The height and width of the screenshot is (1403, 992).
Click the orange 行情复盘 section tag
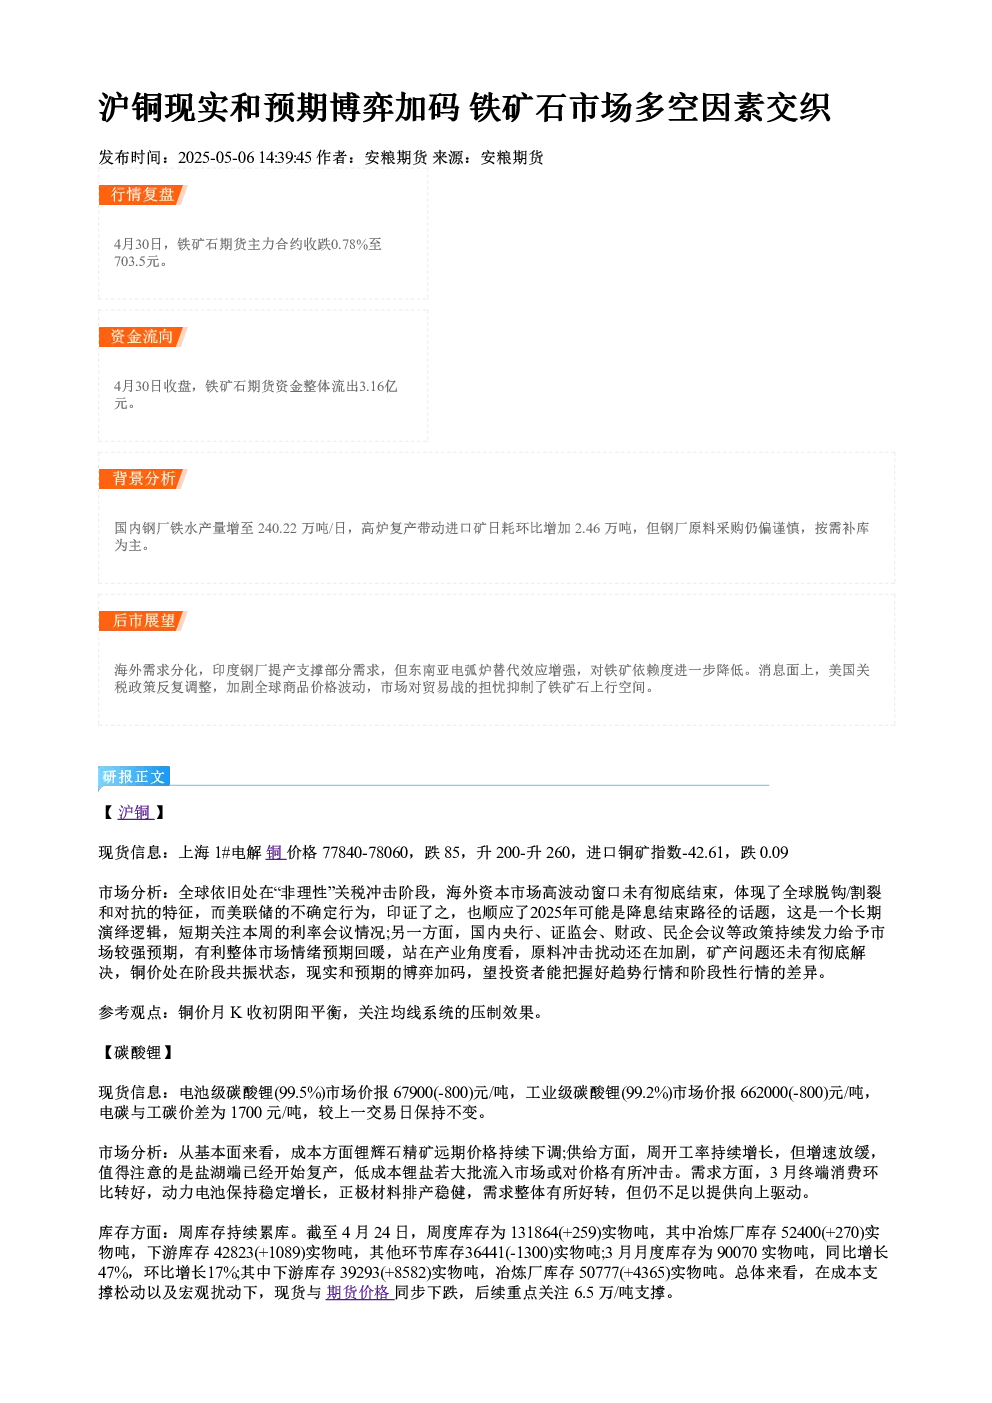tap(142, 195)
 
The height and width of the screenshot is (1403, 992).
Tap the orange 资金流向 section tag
tap(142, 337)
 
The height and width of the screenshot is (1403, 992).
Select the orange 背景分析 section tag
tap(142, 479)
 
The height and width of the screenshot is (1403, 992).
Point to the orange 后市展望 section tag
tap(142, 621)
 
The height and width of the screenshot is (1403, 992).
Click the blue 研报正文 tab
tap(134, 777)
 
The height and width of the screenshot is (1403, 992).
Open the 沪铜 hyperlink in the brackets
tap(135, 813)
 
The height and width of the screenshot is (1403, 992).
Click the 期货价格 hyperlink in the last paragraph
tap(358, 1292)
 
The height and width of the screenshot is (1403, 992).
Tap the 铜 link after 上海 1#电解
tap(274, 852)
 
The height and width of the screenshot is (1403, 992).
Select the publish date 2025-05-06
tap(216, 158)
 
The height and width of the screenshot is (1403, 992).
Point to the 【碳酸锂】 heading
tap(137, 1053)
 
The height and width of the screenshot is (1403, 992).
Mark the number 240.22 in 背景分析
tap(277, 529)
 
